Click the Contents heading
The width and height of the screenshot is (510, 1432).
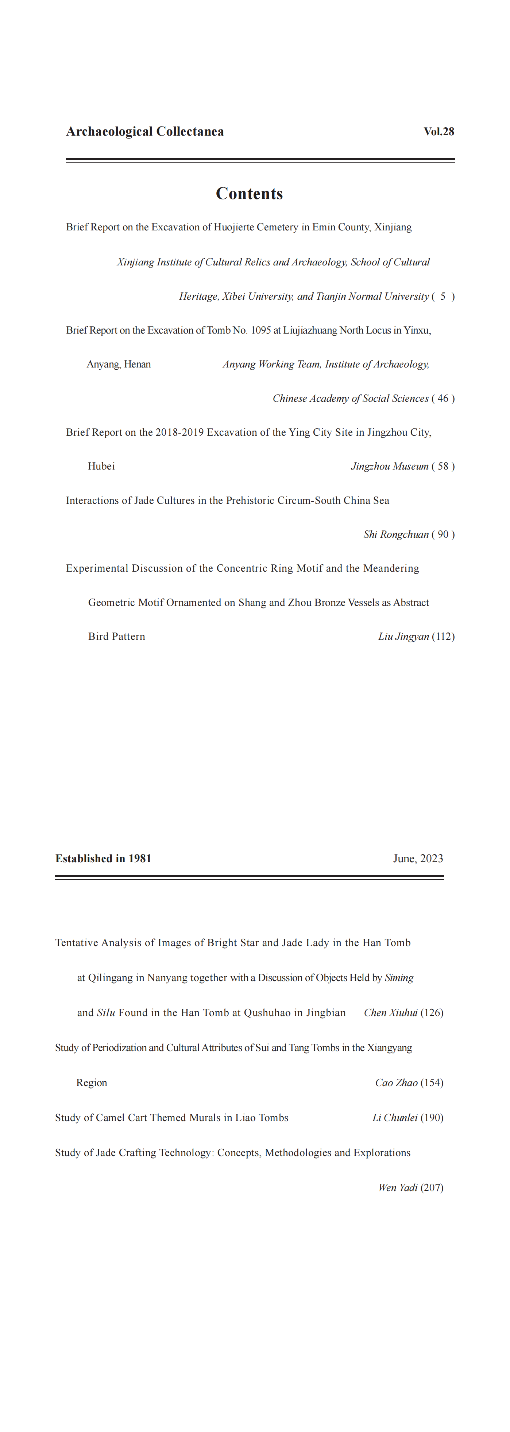point(249,194)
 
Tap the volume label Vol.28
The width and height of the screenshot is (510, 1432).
point(439,132)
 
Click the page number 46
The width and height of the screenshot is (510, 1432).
point(443,398)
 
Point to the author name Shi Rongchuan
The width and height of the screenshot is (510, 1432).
point(396,535)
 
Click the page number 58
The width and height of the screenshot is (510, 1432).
point(443,466)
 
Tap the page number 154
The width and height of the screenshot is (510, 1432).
point(432,1083)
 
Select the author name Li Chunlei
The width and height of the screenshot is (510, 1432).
point(395,1118)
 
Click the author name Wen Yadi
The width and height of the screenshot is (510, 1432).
point(398,1188)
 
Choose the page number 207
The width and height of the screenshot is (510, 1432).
point(432,1188)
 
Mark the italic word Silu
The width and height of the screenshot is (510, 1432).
point(106,1013)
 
